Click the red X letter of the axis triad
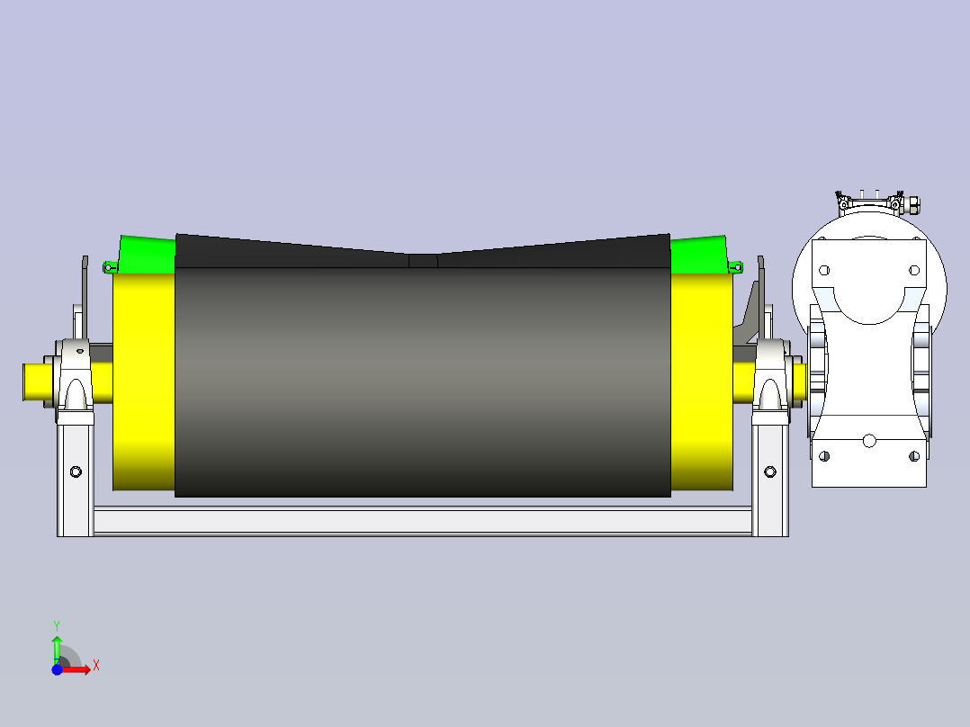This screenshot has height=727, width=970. [x=96, y=666]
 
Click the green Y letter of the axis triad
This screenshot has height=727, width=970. [x=57, y=625]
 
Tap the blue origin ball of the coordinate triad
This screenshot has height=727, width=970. [x=57, y=669]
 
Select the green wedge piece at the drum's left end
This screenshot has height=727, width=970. [x=147, y=255]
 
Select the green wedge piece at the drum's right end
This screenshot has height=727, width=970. [x=699, y=255]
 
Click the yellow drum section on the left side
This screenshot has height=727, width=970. [x=144, y=382]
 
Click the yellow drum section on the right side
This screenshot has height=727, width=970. [x=702, y=382]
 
